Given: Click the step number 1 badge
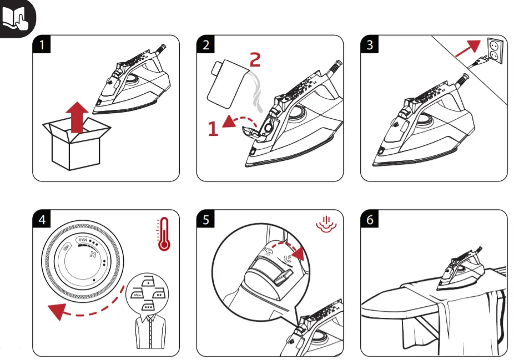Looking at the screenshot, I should pos(41,44).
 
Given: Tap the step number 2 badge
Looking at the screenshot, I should pos(206,44).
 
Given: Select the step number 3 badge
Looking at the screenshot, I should pos(370,44).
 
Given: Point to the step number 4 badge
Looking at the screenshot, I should pos(41,220).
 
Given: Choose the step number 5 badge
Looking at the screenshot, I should pos(206,220).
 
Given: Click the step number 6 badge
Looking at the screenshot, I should pos(370,220).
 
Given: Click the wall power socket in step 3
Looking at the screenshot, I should pos(496,52).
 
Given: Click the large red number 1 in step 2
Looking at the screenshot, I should pos(213,129).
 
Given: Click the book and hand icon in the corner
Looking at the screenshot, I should pos(17,18).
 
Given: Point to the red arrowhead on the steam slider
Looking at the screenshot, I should pos(300,253).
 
